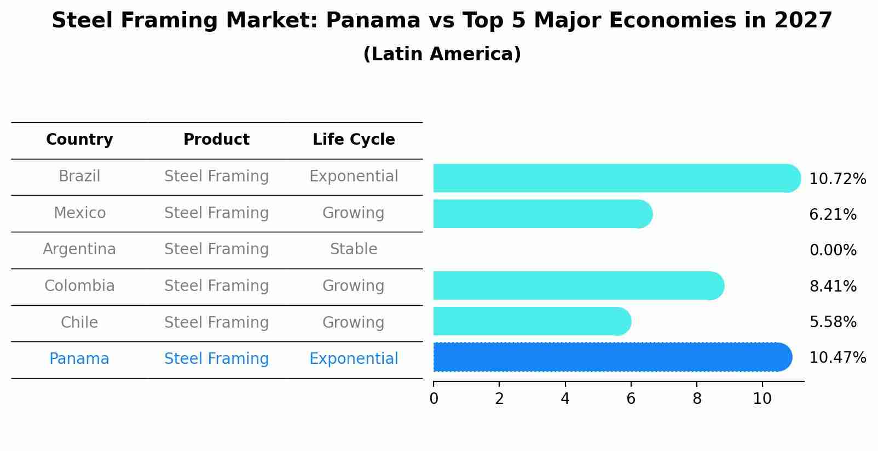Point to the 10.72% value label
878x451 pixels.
click(x=837, y=179)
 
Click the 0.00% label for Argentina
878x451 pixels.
click(x=833, y=250)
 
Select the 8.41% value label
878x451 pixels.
click(x=833, y=286)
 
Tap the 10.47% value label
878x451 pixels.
click(x=837, y=358)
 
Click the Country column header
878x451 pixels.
click(x=79, y=140)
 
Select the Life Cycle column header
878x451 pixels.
click(x=354, y=140)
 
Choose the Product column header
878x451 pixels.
click(x=216, y=140)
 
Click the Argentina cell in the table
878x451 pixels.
click(x=79, y=249)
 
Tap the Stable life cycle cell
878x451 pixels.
click(x=354, y=249)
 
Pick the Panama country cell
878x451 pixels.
click(x=79, y=359)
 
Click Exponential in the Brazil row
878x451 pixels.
click(x=354, y=176)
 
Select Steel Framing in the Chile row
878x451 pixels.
click(x=216, y=322)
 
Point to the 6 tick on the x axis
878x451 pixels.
click(x=631, y=398)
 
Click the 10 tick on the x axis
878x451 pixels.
click(x=762, y=398)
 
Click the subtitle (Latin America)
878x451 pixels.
click(x=442, y=54)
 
